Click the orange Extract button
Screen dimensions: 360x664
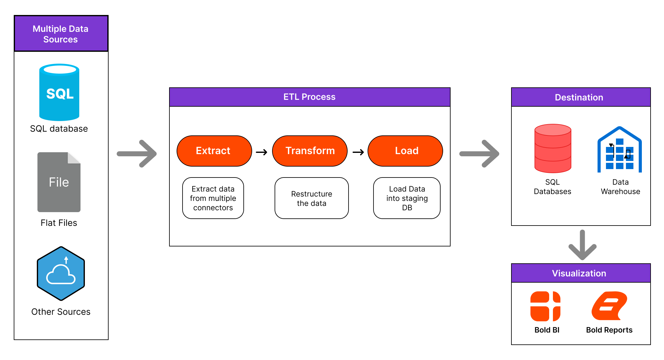pyautogui.click(x=214, y=151)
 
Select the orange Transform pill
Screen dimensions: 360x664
pyautogui.click(x=310, y=151)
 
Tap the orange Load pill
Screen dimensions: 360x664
pyautogui.click(x=405, y=151)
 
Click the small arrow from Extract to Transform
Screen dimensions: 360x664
pyautogui.click(x=261, y=152)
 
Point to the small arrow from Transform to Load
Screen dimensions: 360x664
pyautogui.click(x=358, y=152)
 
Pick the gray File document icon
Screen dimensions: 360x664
pyautogui.click(x=59, y=182)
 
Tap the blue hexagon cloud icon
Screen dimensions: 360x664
pyautogui.click(x=61, y=274)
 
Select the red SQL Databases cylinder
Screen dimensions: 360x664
pyautogui.click(x=553, y=148)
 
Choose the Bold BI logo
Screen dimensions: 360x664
pyautogui.click(x=545, y=306)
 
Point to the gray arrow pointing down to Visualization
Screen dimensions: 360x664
pyautogui.click(x=582, y=245)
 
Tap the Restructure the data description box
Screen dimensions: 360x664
pyautogui.click(x=311, y=198)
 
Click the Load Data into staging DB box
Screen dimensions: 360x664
pyautogui.click(x=407, y=198)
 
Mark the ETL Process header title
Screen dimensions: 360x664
pyautogui.click(x=309, y=97)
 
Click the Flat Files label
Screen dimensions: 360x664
pyautogui.click(x=59, y=223)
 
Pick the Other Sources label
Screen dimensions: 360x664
pyautogui.click(x=61, y=312)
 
